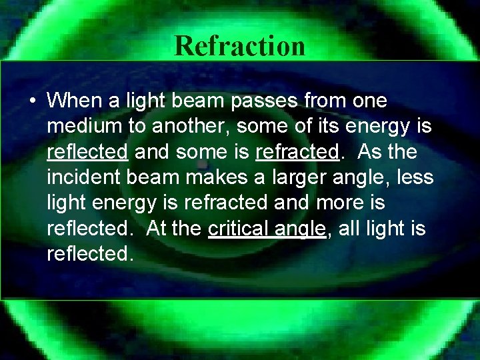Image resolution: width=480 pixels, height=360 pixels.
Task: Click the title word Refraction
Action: coord(240,46)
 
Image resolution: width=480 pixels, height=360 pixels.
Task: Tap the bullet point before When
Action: coord(32,101)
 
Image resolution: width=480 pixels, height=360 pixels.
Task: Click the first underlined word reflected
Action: coord(87,153)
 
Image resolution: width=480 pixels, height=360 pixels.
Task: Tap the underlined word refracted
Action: coord(297,153)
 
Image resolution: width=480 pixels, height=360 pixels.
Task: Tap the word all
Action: coord(353,229)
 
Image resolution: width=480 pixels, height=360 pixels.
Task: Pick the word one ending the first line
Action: coord(370,102)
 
